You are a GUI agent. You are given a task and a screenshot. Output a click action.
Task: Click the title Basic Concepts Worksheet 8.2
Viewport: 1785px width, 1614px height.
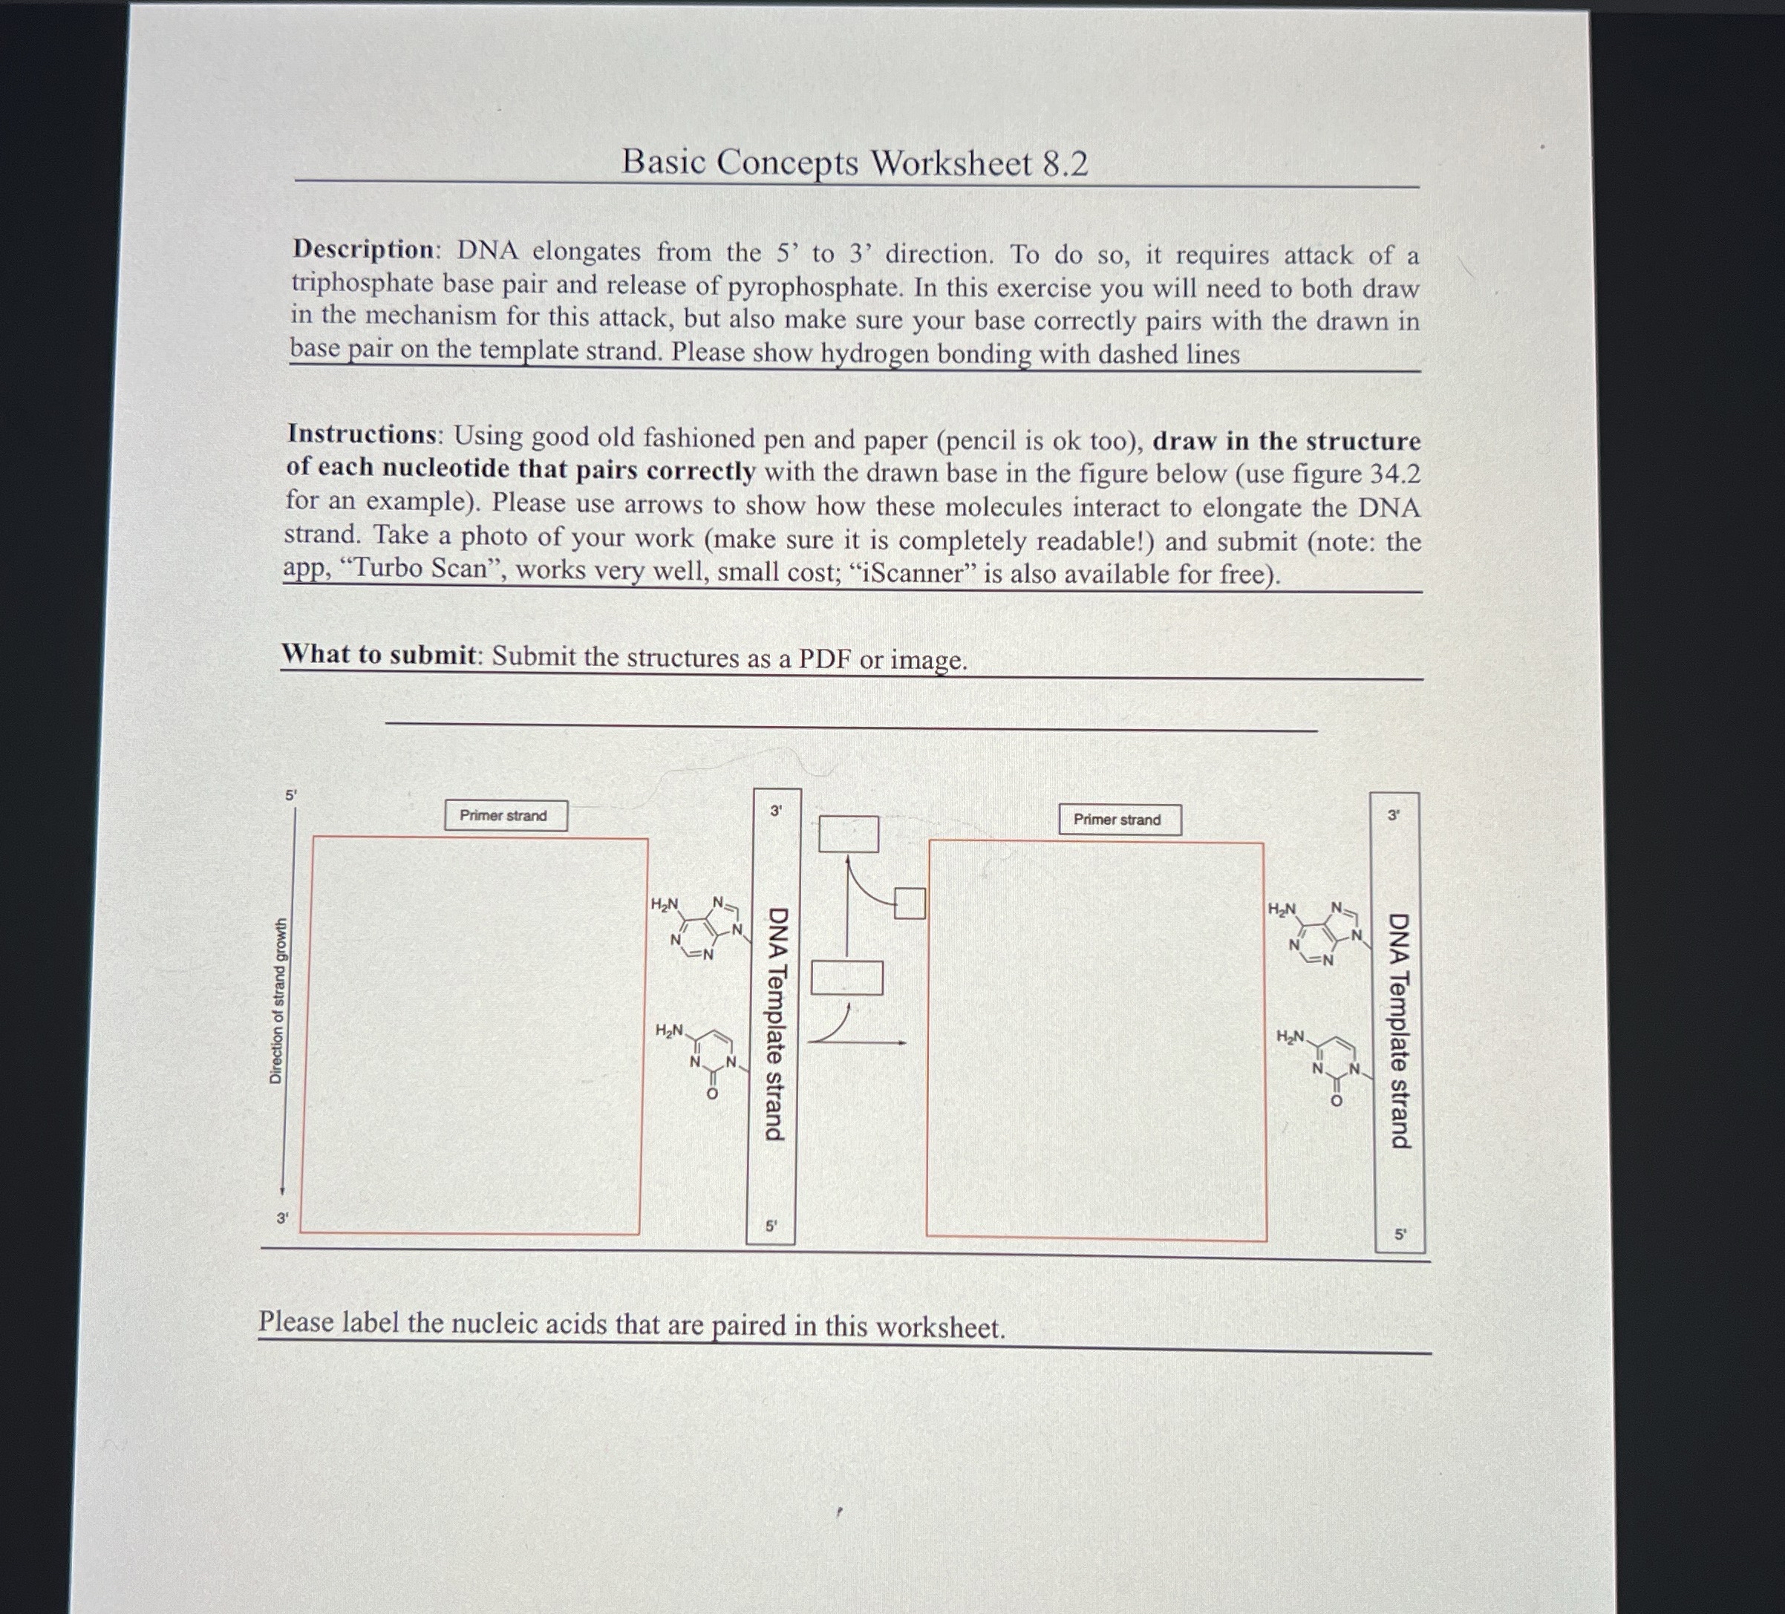(x=855, y=163)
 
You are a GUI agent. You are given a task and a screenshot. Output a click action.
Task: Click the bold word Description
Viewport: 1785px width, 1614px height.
(x=363, y=249)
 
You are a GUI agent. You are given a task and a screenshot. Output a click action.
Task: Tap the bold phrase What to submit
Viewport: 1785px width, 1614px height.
(x=379, y=654)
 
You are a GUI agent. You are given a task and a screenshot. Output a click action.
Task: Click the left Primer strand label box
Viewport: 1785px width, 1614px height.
(x=505, y=815)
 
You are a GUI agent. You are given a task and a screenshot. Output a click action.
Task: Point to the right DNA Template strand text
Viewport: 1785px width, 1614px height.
(x=1399, y=1030)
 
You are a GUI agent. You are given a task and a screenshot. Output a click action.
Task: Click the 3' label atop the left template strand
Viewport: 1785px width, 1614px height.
(x=776, y=810)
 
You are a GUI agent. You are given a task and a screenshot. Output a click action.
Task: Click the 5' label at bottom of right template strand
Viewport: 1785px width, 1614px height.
(x=1400, y=1233)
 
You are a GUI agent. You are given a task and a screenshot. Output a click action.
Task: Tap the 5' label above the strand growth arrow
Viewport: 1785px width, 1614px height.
(x=290, y=795)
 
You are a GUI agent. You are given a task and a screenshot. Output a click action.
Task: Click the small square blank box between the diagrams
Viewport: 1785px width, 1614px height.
(x=910, y=903)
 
